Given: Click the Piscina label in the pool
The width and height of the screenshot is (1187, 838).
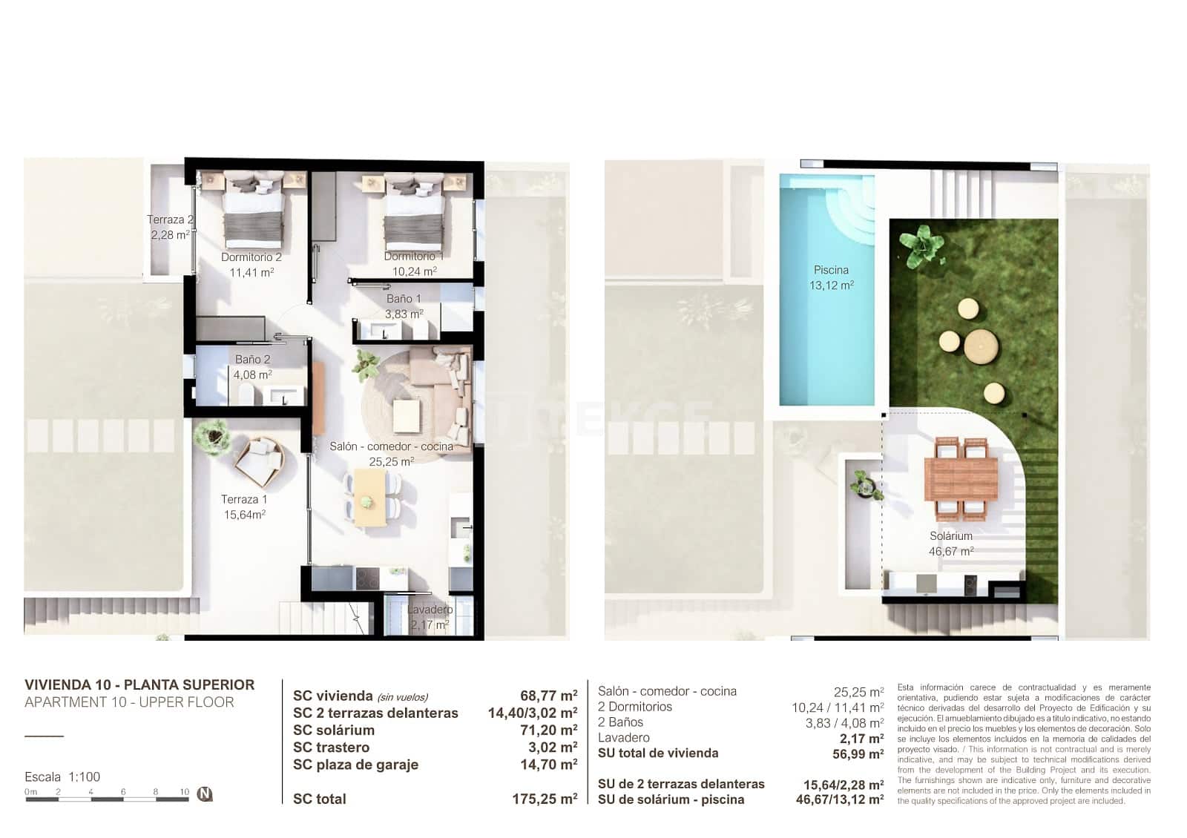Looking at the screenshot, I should (831, 270).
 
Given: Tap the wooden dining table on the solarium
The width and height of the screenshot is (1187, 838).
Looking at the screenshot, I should (961, 478).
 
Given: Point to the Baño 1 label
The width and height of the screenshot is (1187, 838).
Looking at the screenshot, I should (404, 299).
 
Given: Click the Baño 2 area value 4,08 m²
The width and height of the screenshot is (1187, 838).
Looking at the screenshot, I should (252, 375).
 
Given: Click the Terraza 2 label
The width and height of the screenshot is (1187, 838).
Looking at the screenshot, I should (170, 220).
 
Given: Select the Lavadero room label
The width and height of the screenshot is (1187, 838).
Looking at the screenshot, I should (430, 610).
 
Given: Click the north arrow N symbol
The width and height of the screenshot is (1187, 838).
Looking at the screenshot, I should (205, 794).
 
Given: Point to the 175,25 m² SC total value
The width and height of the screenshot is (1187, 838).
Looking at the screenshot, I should (545, 799).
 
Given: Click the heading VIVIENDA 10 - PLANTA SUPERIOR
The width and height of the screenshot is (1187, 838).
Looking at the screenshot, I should (139, 684).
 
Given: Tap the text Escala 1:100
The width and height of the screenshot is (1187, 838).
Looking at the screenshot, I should (62, 776).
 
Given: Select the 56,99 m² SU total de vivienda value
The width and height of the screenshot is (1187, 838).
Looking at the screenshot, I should (858, 753).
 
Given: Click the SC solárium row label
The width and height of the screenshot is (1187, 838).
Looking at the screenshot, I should (334, 730).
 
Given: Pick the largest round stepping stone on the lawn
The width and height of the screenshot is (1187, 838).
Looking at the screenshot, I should (980, 346).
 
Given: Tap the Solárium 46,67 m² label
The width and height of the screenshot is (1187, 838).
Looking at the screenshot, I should (951, 544).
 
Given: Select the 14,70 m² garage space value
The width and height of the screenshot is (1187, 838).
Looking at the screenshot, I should (548, 764).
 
